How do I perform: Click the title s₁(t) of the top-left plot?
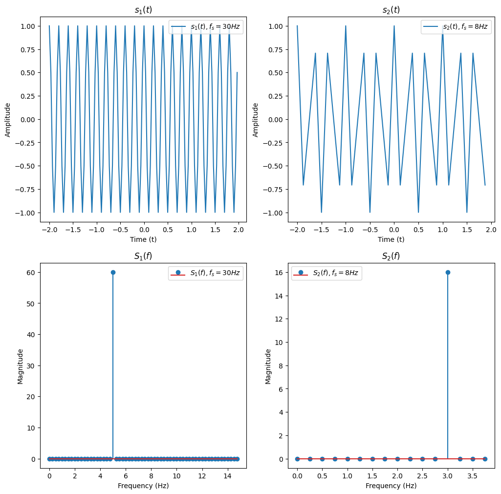[143, 10]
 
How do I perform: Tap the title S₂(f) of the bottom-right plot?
[391, 256]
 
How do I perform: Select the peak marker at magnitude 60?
[113, 272]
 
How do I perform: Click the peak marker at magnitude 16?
[448, 272]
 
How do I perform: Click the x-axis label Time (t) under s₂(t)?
[391, 239]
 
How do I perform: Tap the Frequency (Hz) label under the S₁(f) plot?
[143, 486]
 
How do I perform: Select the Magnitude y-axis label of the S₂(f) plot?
[268, 366]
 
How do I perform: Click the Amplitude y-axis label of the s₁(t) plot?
[8, 120]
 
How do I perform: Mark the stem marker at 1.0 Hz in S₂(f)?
[348, 459]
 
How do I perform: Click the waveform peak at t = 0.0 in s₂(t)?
[394, 26]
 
